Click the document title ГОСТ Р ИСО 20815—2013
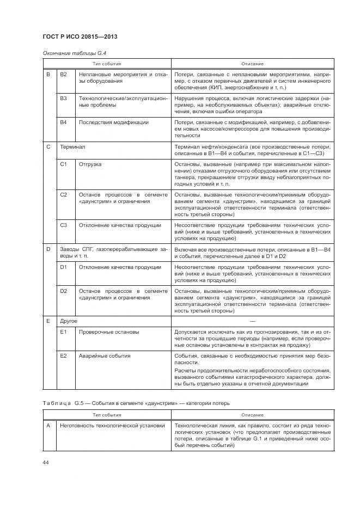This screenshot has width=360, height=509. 80,36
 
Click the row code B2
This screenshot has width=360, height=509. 63,74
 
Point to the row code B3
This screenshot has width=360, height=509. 63,99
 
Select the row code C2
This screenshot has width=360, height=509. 63,194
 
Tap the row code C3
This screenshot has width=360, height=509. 63,225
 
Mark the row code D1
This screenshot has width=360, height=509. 63,267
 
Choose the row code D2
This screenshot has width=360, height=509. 63,291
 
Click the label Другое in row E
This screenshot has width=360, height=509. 69,322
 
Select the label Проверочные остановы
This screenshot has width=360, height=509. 108,332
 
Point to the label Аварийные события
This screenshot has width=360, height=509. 105,355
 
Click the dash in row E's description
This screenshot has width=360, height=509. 252,322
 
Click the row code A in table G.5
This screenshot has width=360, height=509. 48,426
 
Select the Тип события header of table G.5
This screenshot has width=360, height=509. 106,415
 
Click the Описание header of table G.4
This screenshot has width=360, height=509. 252,64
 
